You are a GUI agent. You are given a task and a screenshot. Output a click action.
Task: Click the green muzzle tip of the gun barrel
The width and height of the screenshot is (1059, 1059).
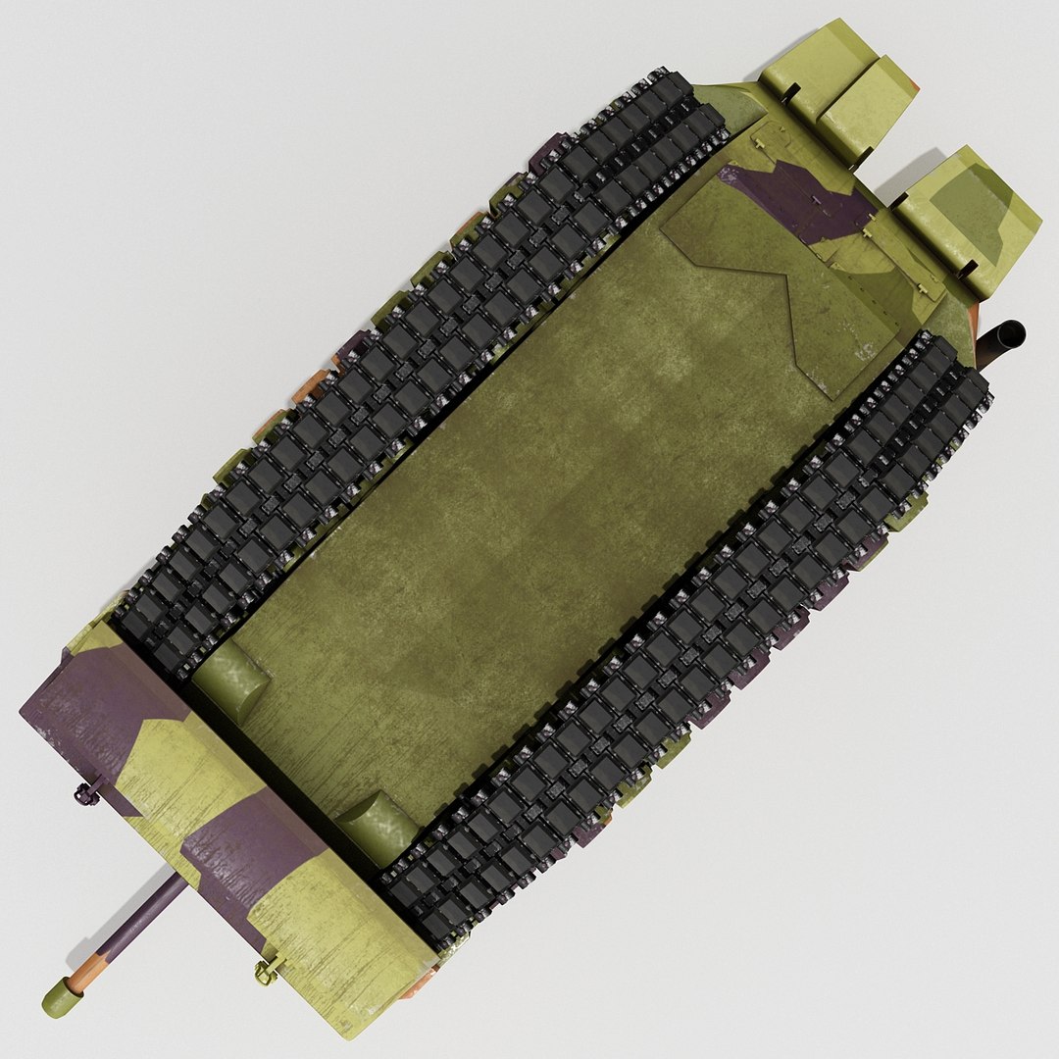pyautogui.click(x=56, y=998)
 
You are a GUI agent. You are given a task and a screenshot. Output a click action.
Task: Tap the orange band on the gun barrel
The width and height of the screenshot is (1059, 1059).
pyautogui.click(x=87, y=971)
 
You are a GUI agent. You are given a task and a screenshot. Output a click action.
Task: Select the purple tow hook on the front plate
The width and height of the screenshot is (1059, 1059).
pyautogui.click(x=87, y=790)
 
